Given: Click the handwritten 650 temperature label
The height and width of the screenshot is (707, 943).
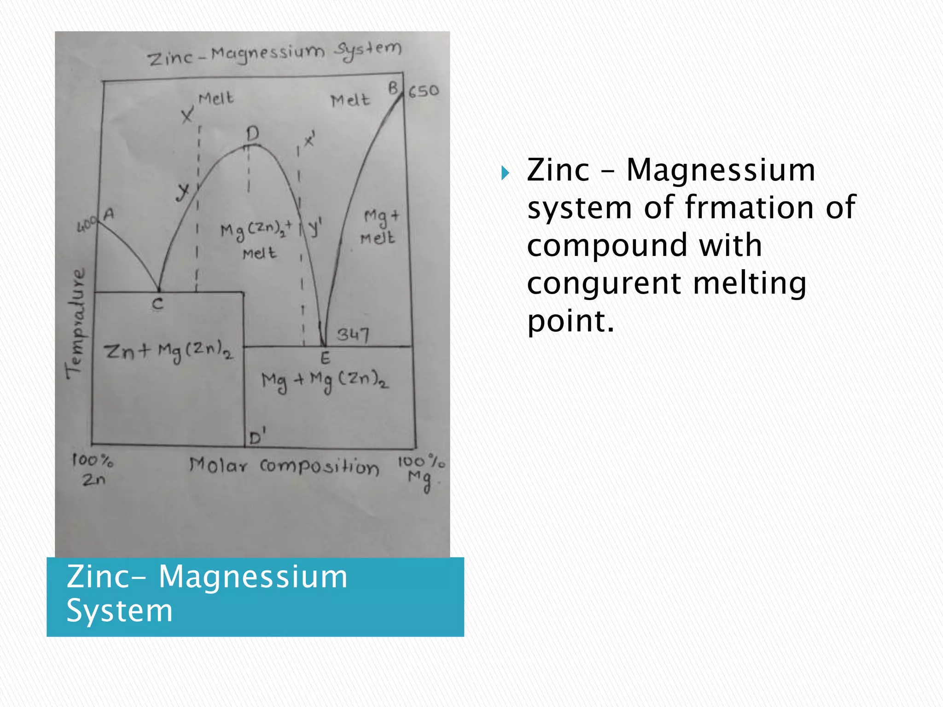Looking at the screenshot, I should tap(424, 91).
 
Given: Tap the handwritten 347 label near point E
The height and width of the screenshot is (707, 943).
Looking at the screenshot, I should tap(353, 334).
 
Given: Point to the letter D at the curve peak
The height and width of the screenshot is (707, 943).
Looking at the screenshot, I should tap(253, 134).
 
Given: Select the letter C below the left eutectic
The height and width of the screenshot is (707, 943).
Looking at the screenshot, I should tap(158, 304).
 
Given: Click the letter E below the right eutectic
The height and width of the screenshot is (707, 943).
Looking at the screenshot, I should tap(325, 358).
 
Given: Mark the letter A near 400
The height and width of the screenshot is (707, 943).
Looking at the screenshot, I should tap(109, 214).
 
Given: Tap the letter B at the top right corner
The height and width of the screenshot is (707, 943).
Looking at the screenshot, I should tap(393, 88).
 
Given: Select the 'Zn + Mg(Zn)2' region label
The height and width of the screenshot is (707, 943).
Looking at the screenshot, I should tap(169, 352).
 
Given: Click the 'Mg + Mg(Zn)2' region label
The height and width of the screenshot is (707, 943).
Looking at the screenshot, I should tap(325, 381).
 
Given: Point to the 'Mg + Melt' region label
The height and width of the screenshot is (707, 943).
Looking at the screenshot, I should tap(379, 227).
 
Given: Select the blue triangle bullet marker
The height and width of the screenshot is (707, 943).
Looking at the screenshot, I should tap(506, 174).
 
